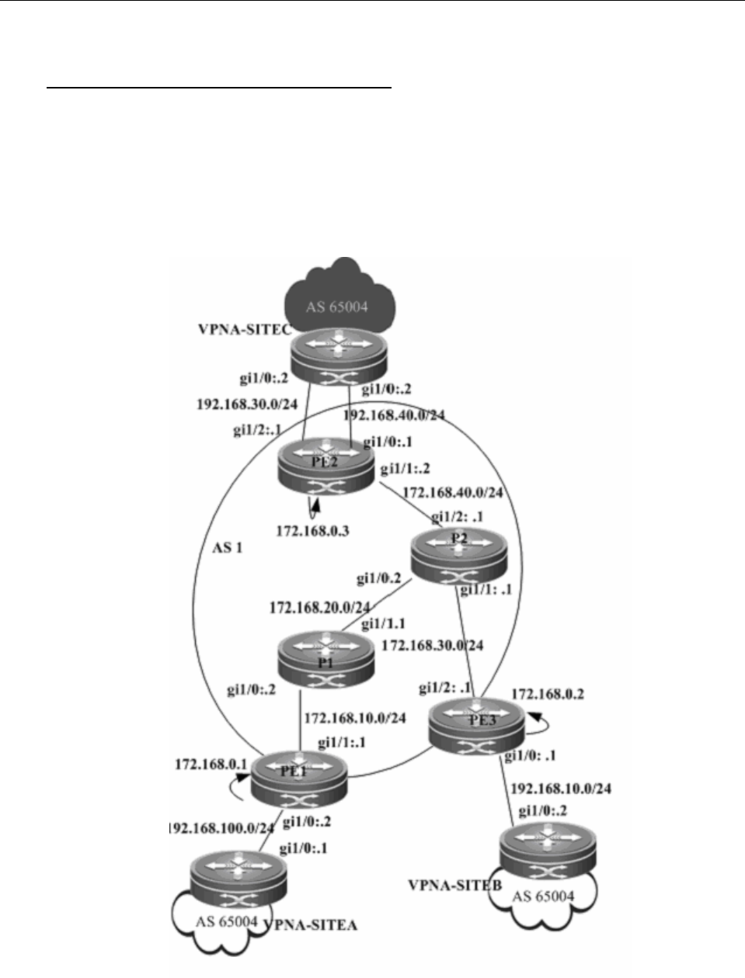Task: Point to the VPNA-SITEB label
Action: click(x=454, y=885)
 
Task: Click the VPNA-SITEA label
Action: click(x=312, y=924)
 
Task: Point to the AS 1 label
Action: click(x=228, y=547)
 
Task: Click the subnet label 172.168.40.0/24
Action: click(x=453, y=492)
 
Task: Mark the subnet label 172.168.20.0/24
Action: click(x=319, y=607)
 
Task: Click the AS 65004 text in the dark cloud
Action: click(x=336, y=307)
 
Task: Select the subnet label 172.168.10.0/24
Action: click(x=355, y=717)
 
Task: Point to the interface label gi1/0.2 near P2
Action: click(x=379, y=578)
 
